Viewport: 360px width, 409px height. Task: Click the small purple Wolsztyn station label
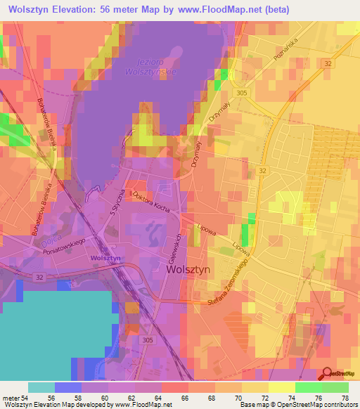click(106, 259)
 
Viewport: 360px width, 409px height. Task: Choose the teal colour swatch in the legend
click(41, 387)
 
